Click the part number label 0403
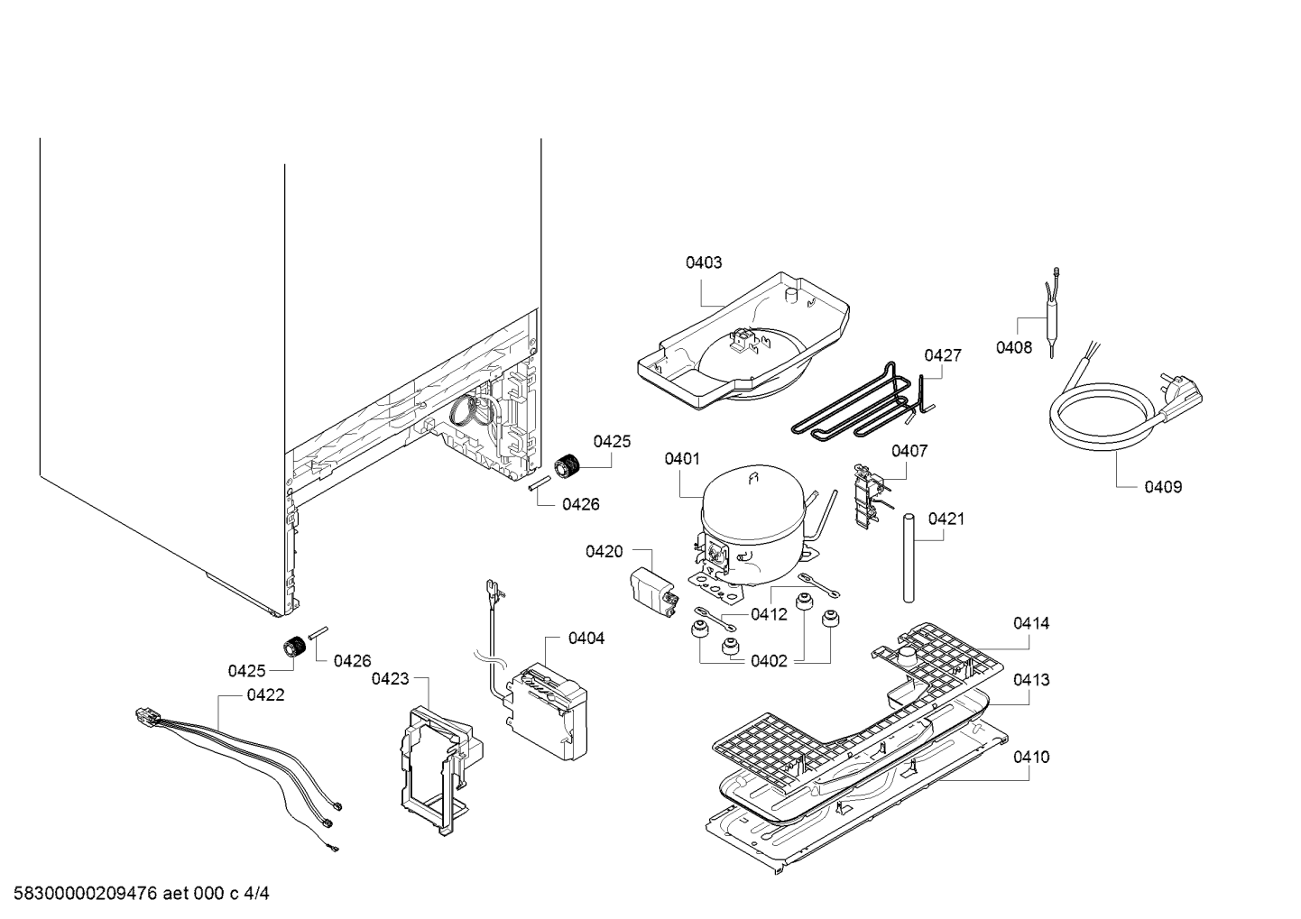click(704, 262)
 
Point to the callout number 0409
click(1163, 486)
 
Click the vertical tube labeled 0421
click(909, 557)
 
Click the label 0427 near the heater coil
click(943, 354)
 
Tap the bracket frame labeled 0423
click(441, 770)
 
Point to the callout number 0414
click(1031, 623)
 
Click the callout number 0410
click(1031, 757)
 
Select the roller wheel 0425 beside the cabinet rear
click(567, 466)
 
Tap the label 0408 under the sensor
click(1014, 348)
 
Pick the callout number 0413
click(1031, 680)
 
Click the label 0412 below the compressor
click(769, 614)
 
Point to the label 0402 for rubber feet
click(769, 661)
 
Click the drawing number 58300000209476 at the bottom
click(86, 894)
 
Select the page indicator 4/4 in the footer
click(257, 894)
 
